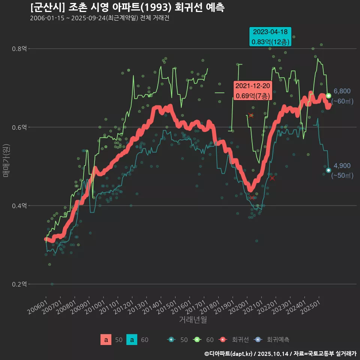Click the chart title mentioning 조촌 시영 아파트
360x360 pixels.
click(x=127, y=7)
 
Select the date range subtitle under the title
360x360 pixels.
click(x=100, y=18)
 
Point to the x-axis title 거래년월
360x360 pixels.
click(x=193, y=319)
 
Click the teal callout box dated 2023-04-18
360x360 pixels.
click(x=270, y=37)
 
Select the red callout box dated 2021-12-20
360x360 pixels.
click(x=252, y=91)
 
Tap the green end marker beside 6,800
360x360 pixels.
click(x=328, y=96)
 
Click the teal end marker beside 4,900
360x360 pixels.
click(x=328, y=170)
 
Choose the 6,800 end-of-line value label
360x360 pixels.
click(x=342, y=91)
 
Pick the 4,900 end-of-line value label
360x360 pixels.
click(x=342, y=166)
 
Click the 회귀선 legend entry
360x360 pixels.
click(x=234, y=340)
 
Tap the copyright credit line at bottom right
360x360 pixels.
click(x=280, y=354)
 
